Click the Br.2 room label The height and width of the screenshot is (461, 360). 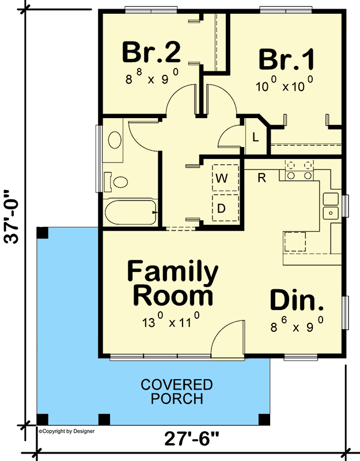coord(151,52)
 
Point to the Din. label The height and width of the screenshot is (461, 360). coord(297,300)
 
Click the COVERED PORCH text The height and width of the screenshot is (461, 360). coord(177,392)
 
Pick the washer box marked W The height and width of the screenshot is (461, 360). coord(225,178)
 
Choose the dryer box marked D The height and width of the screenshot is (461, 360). coord(225,208)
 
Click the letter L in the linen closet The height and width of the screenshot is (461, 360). coord(256,137)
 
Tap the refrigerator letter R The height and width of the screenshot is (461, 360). coord(262,177)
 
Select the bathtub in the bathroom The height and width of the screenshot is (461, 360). coord(131,212)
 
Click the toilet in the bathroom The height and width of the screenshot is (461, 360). coord(117,182)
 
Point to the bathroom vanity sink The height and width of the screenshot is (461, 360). coord(115,140)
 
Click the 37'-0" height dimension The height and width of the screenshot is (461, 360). coord(12,217)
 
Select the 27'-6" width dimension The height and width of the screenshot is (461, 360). coord(192,439)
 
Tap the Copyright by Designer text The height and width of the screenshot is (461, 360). coord(67,431)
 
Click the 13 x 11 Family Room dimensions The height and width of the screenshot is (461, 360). coord(171,320)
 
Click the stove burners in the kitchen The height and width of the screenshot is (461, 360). coord(299,170)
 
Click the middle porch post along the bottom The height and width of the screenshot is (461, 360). coord(104,420)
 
